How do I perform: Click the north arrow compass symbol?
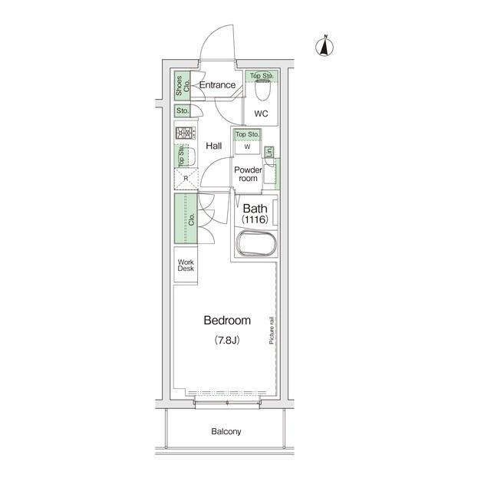pyautogui.click(x=325, y=46)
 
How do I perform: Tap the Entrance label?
pyautogui.click(x=217, y=85)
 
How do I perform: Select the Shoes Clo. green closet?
pyautogui.click(x=183, y=85)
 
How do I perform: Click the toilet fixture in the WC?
pyautogui.click(x=262, y=90)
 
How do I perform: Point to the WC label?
pyautogui.click(x=261, y=114)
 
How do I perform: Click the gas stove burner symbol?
pyautogui.click(x=186, y=133)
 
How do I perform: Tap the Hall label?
pyautogui.click(x=214, y=146)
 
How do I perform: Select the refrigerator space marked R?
pyautogui.click(x=186, y=179)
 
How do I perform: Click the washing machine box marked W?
pyautogui.click(x=247, y=147)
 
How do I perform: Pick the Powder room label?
pyautogui.click(x=248, y=174)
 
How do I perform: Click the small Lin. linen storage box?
pyautogui.click(x=269, y=152)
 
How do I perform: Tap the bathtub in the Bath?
pyautogui.click(x=256, y=243)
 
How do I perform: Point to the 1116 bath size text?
pyautogui.click(x=255, y=219)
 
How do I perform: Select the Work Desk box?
pyautogui.click(x=186, y=265)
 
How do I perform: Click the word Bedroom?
pyautogui.click(x=227, y=321)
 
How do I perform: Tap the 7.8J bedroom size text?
pyautogui.click(x=227, y=340)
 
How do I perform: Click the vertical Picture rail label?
pyautogui.click(x=271, y=331)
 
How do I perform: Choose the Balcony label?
pyautogui.click(x=226, y=431)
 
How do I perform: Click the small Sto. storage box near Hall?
pyautogui.click(x=183, y=110)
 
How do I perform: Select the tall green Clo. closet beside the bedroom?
pyautogui.click(x=186, y=219)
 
